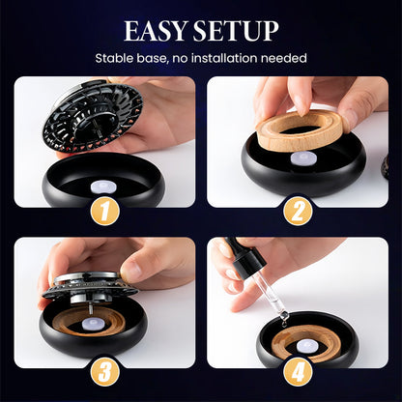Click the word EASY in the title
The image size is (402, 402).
click(x=156, y=31)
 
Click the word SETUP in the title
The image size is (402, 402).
click(x=236, y=31)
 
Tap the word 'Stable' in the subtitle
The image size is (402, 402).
click(x=114, y=58)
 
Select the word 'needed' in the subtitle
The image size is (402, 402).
click(x=284, y=58)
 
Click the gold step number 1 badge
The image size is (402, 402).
click(x=105, y=212)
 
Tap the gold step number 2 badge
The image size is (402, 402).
click(x=298, y=212)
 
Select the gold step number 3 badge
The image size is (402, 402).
click(x=105, y=372)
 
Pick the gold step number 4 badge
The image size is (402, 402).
click(x=298, y=372)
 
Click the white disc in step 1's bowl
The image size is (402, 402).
click(x=100, y=187)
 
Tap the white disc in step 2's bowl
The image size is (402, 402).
click(x=302, y=158)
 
